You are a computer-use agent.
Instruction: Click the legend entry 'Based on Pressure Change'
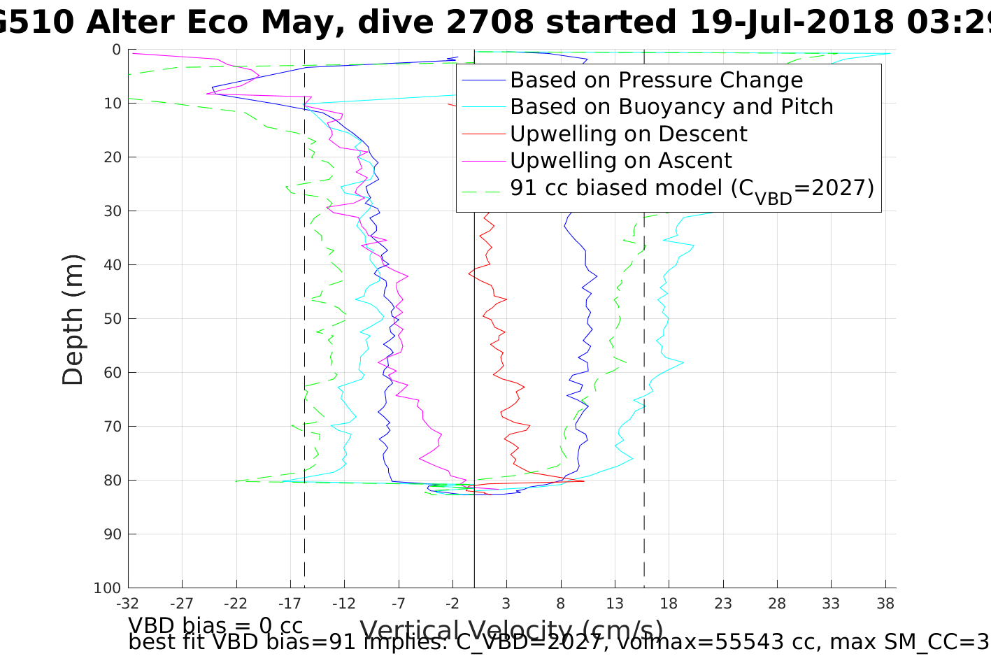point(656,80)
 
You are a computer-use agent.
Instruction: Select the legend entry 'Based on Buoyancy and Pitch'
point(671,107)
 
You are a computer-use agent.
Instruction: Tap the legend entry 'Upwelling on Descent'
point(628,134)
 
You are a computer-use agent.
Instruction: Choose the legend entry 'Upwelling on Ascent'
point(620,160)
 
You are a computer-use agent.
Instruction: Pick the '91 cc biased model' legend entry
point(692,188)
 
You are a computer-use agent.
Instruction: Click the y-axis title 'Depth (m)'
point(73,319)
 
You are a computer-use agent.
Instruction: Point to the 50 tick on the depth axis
point(112,319)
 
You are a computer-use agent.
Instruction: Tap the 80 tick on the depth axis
point(112,481)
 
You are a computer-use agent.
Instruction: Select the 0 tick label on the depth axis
point(116,50)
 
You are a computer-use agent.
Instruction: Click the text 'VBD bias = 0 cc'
point(215,625)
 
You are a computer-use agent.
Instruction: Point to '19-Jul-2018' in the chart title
point(791,22)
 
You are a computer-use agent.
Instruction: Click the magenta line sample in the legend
point(483,161)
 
